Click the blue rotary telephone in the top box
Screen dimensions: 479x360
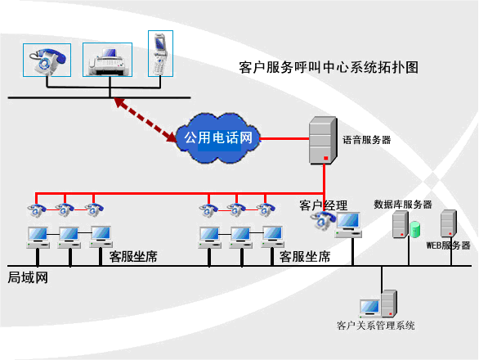(x=47, y=61)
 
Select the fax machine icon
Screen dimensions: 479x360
(x=108, y=62)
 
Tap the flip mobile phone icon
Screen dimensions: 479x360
(x=160, y=54)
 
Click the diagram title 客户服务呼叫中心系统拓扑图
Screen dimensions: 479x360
(x=329, y=67)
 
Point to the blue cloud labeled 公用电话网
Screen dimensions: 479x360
(x=217, y=138)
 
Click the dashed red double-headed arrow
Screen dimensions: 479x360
(x=145, y=120)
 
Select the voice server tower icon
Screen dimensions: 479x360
(x=323, y=141)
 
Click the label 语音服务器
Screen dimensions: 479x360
(x=366, y=140)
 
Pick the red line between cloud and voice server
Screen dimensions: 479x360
(x=284, y=139)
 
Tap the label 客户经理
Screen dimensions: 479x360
(x=323, y=205)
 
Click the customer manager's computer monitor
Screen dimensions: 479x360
(x=348, y=224)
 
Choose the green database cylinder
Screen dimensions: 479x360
(x=415, y=230)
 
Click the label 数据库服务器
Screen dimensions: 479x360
(x=403, y=205)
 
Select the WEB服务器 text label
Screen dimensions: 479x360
(x=448, y=245)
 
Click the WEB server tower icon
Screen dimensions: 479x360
(x=449, y=223)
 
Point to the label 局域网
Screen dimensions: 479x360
(x=28, y=277)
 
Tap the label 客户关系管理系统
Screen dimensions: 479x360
(x=375, y=326)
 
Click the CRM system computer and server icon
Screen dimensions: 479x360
(x=378, y=304)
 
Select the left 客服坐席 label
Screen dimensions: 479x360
(x=133, y=257)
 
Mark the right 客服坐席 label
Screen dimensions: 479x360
(x=305, y=257)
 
